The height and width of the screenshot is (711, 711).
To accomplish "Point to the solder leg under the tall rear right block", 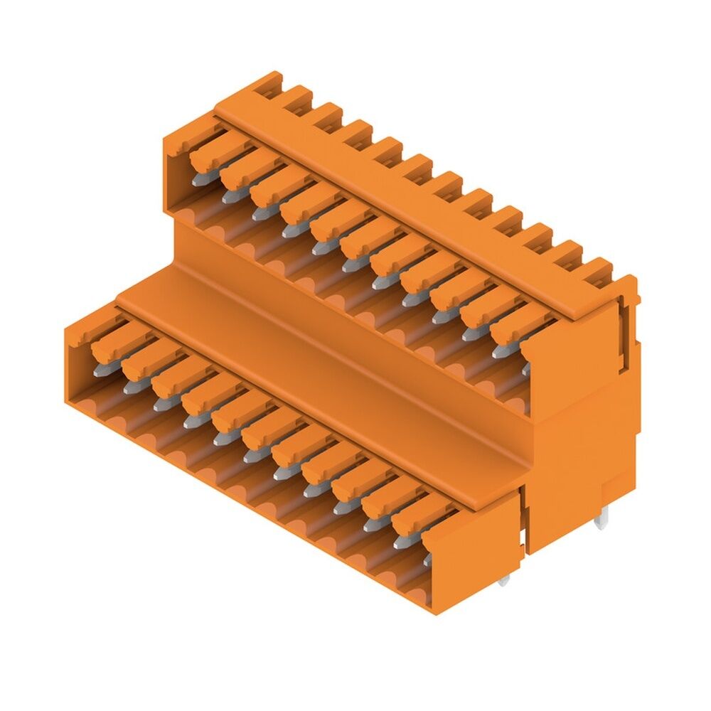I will tap(601, 523).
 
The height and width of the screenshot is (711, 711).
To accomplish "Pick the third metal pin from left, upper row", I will tap(259, 214).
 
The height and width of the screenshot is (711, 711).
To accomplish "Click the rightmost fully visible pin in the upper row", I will tap(499, 351).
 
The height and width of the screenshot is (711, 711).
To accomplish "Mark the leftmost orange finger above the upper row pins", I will tap(210, 152).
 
